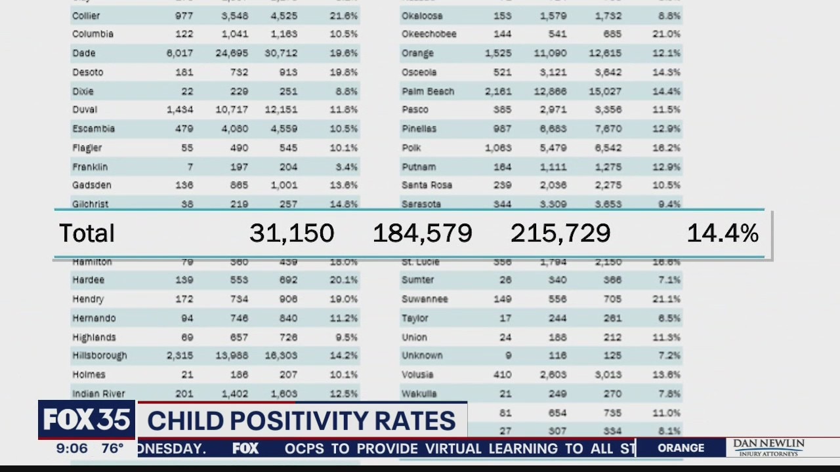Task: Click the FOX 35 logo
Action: (87, 420)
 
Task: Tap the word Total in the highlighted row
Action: (87, 233)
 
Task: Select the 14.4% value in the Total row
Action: (723, 233)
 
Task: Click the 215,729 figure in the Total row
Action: (560, 233)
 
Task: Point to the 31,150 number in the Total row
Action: (291, 233)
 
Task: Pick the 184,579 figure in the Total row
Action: (422, 233)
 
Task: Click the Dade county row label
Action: (83, 53)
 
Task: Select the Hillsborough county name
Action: (100, 355)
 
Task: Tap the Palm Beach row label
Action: (428, 91)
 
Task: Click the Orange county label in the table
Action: (417, 53)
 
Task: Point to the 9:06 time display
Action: (72, 448)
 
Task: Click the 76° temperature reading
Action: (112, 448)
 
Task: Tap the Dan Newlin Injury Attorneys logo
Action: (768, 448)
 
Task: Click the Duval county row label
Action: (85, 109)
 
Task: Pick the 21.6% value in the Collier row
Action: (344, 16)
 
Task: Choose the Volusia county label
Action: (417, 374)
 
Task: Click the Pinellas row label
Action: (419, 128)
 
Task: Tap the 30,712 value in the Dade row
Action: (281, 53)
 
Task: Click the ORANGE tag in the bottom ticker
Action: (681, 448)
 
